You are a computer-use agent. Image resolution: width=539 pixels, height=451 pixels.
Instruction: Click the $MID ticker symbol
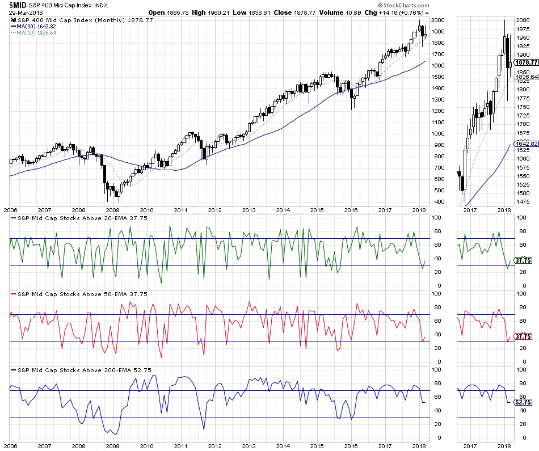point(15,5)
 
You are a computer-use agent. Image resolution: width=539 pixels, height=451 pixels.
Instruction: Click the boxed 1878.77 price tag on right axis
point(525,63)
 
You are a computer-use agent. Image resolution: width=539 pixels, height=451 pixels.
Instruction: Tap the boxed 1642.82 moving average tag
point(525,145)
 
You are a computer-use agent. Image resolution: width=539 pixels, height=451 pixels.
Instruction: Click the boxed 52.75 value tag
point(523,402)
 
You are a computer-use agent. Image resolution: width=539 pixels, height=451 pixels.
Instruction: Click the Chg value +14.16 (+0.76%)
point(396,12)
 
